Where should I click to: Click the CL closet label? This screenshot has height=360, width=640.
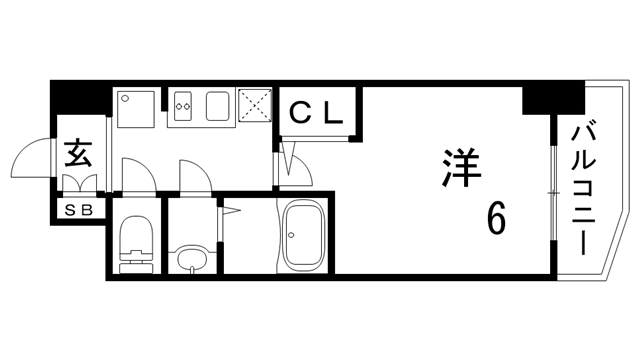[x=317, y=112]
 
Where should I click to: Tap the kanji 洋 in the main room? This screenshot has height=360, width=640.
[x=459, y=168]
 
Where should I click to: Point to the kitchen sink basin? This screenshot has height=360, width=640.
[x=218, y=104]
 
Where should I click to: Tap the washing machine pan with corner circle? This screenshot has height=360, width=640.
[x=136, y=107]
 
